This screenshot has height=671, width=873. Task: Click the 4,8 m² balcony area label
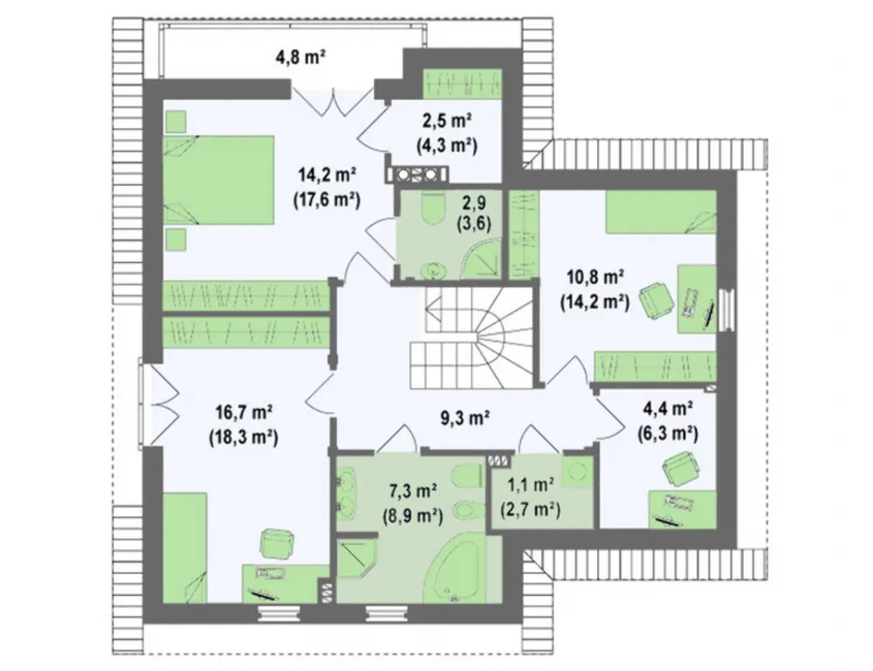point(300,58)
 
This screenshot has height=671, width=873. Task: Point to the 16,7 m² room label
point(244,412)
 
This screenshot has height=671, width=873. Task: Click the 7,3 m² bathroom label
point(413,491)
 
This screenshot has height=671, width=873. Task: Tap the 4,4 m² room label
point(668,409)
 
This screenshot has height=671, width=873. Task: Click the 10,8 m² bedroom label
point(595,276)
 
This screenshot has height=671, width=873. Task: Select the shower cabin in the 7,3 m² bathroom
point(357,556)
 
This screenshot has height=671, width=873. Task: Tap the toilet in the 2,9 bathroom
point(433,208)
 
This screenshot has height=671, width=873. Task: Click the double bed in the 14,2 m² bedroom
point(218,181)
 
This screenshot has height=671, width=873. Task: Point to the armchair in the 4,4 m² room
point(678,467)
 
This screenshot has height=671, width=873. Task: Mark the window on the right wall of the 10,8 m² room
point(725,309)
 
